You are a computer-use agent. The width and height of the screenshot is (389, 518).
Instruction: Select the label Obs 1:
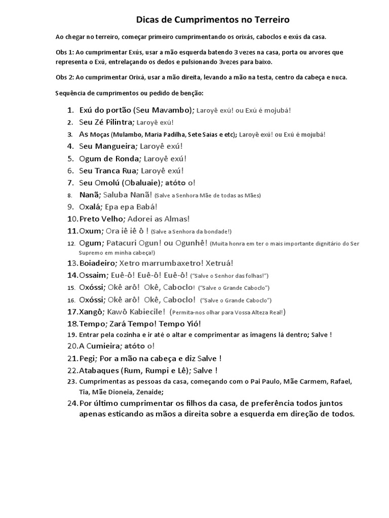click(x=65, y=53)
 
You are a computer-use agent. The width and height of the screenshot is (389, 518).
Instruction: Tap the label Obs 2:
click(x=65, y=77)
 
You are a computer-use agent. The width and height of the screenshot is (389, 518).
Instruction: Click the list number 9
click(x=70, y=206)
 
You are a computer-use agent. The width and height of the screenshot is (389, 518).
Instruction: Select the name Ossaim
click(x=94, y=275)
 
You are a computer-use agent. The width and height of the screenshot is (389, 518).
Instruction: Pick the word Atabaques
click(x=99, y=370)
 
